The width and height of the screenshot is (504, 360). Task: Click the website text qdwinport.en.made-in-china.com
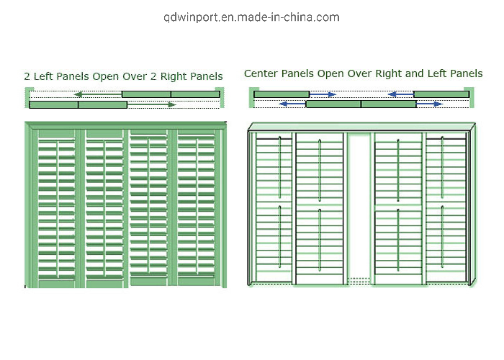251,17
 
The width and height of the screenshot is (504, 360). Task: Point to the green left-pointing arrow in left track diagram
96,94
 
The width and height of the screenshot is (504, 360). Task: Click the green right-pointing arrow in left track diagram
152,105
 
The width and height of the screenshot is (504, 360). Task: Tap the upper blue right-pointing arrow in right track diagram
323,94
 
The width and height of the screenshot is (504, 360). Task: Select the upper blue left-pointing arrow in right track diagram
400,94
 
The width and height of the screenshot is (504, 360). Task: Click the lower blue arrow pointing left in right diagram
292,104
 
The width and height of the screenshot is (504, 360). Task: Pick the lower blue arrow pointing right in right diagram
430,104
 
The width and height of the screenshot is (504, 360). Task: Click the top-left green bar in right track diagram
282,94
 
